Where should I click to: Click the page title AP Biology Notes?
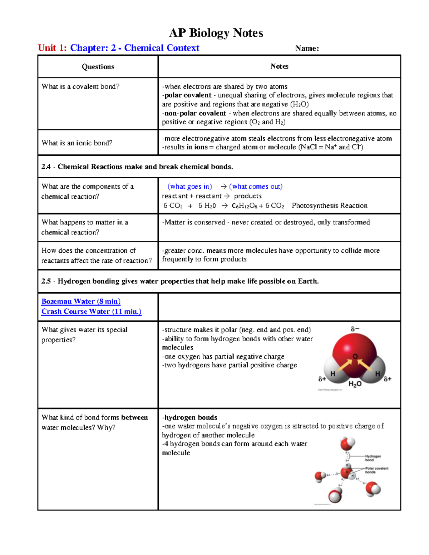(216, 33)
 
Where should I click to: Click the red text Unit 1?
(52, 48)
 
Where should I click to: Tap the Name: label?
(307, 49)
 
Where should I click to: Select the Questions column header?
(98, 67)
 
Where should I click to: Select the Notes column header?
(279, 66)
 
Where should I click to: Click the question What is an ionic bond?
(77, 143)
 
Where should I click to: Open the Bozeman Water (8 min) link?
(81, 301)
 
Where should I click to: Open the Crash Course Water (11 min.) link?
(91, 311)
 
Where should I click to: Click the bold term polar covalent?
(188, 95)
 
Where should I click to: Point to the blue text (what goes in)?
(189, 187)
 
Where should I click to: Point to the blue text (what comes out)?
(256, 187)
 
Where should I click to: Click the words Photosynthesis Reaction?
(329, 205)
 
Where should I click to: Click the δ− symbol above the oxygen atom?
(355, 329)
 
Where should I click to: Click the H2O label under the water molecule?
(355, 384)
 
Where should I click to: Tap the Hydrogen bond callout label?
(373, 458)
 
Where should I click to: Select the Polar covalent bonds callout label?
(376, 470)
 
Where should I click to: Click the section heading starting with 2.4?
(137, 167)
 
